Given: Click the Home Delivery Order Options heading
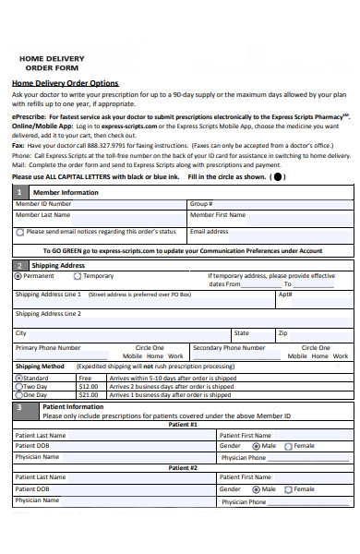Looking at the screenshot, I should [x=65, y=82].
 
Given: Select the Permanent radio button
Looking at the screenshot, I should [x=18, y=275].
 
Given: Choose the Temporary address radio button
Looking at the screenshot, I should [x=78, y=275].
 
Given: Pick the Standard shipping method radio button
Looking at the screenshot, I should [x=18, y=378].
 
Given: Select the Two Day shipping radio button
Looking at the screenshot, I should [x=18, y=386].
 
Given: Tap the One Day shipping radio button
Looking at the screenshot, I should [x=18, y=394].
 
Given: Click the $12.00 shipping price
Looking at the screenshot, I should [x=89, y=386].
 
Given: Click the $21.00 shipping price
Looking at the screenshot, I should [x=89, y=394].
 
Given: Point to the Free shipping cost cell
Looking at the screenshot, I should [x=86, y=378].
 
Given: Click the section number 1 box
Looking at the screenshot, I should [x=20, y=192].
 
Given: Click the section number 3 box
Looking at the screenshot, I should [x=20, y=406].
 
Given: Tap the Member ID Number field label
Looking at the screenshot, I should [x=43, y=203].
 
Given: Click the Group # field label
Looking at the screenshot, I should [x=201, y=203].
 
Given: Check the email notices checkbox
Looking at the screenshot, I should [x=20, y=232].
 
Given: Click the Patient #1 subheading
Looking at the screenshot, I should [x=182, y=424].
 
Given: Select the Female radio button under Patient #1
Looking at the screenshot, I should [x=290, y=445].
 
